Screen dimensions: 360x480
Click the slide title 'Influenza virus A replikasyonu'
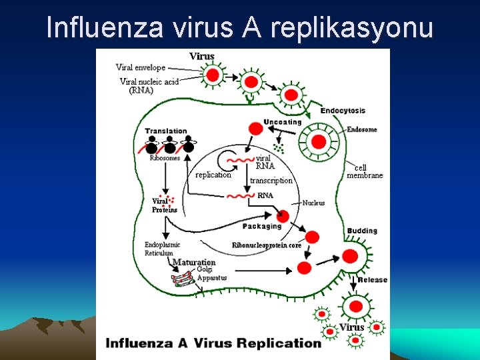click(240, 27)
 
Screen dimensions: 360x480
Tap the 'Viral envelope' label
click(141, 67)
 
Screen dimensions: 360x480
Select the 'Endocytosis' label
click(343, 111)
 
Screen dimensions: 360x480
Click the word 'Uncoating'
click(283, 122)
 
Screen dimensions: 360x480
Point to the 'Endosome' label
click(362, 129)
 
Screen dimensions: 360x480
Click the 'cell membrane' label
click(365, 171)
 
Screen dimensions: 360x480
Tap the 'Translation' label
click(166, 131)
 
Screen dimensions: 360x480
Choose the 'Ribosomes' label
click(165, 158)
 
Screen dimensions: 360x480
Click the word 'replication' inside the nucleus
click(213, 175)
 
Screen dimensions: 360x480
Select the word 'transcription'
click(271, 180)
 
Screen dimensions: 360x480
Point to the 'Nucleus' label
click(313, 203)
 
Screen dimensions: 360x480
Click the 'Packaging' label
click(262, 226)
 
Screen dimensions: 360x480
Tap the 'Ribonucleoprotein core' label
click(267, 245)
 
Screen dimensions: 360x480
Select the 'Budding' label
click(362, 231)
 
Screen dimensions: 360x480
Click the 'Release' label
click(372, 280)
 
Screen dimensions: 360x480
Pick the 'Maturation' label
click(194, 262)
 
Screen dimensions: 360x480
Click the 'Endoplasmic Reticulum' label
click(162, 249)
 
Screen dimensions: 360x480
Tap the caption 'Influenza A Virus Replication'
click(213, 343)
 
